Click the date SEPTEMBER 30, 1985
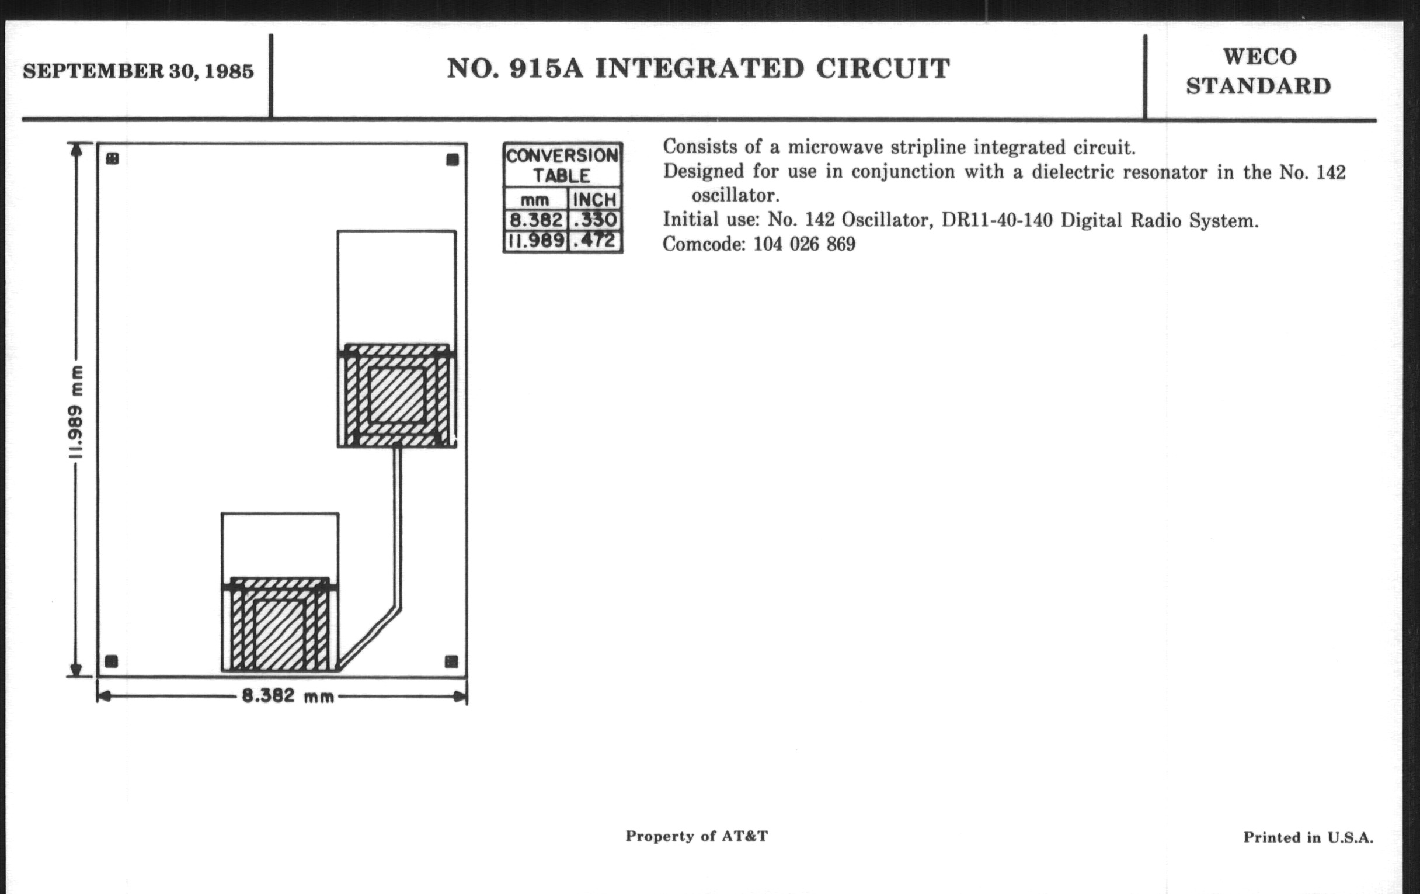click(x=138, y=71)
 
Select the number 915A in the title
click(x=546, y=68)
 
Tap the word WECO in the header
click(x=1259, y=57)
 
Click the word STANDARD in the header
click(x=1258, y=86)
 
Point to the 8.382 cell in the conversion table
click(x=535, y=220)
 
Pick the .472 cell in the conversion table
click(x=594, y=241)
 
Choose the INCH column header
click(x=594, y=199)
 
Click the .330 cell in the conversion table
click(x=594, y=220)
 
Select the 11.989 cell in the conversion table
click(x=535, y=241)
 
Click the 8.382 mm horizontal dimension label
click(x=288, y=697)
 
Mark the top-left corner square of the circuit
click(x=112, y=159)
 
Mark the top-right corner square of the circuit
click(x=453, y=160)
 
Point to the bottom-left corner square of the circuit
click(x=111, y=661)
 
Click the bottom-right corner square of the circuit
click(x=451, y=661)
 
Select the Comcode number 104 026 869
click(x=805, y=244)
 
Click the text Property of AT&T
click(x=697, y=836)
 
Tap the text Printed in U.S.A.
click(x=1308, y=837)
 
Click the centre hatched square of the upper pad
click(x=397, y=395)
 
